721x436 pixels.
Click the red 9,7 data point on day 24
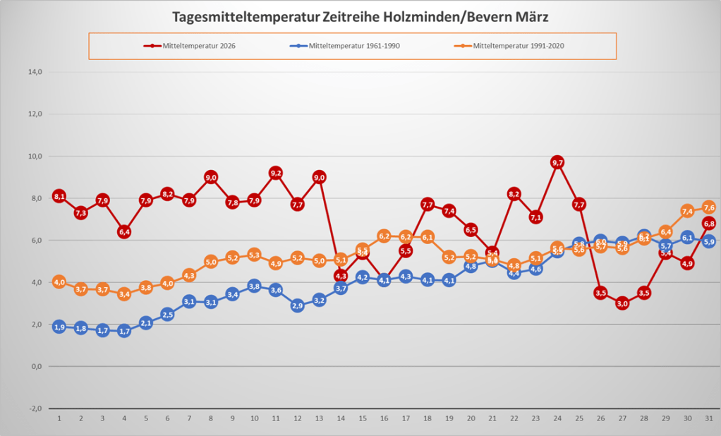(557, 162)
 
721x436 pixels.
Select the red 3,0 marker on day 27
(622, 303)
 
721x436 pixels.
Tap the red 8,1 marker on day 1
(59, 196)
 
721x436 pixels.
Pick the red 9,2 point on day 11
(276, 173)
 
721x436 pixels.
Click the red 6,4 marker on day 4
(124, 231)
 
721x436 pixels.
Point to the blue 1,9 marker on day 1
(59, 327)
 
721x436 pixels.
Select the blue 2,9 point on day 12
(298, 305)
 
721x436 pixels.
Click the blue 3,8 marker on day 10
(255, 286)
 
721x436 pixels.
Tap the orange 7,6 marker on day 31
(709, 207)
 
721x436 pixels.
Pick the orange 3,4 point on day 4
(124, 294)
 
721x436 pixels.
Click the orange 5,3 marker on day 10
(255, 255)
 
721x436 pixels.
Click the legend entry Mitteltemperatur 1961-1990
(346, 46)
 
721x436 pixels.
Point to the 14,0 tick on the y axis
(35, 72)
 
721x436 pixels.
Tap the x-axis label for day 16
(384, 418)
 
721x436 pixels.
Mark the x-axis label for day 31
(709, 418)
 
